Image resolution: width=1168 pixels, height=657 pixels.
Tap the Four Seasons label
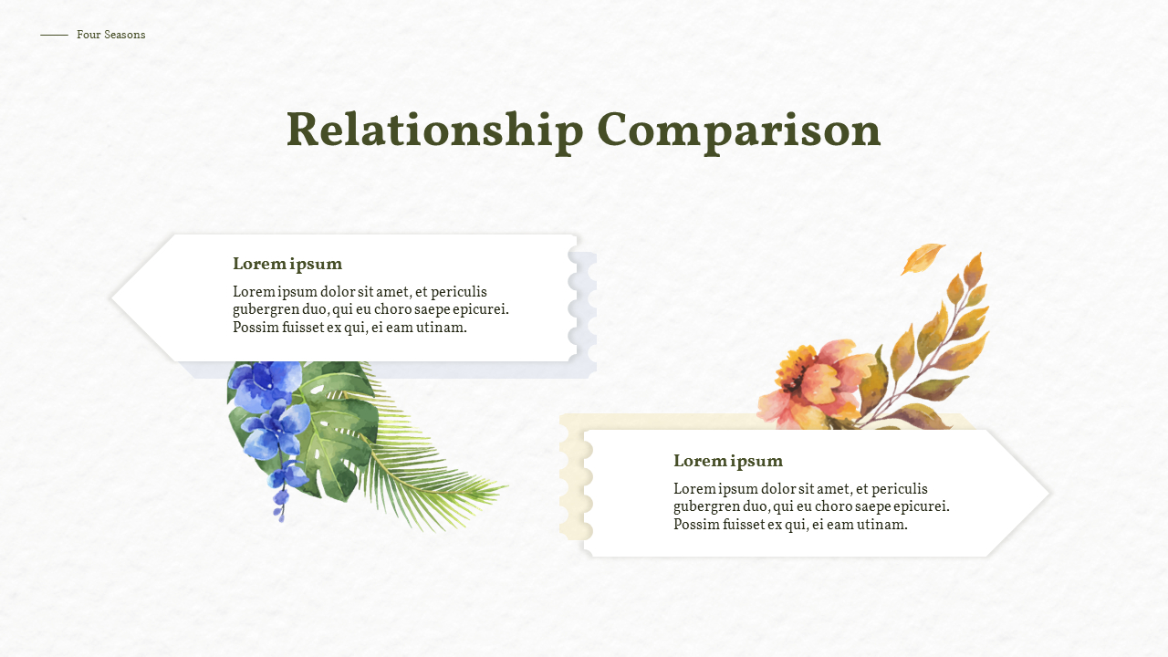[x=110, y=35]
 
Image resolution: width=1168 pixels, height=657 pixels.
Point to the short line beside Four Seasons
[x=54, y=35]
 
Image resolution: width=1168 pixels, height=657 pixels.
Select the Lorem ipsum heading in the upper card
[x=287, y=265]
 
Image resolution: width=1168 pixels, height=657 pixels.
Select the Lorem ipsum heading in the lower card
[x=728, y=461]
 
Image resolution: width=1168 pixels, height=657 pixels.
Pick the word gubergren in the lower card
[x=707, y=506]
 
